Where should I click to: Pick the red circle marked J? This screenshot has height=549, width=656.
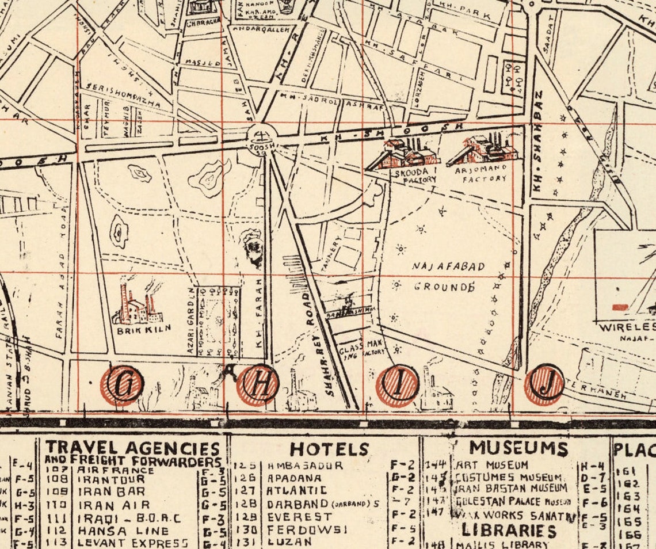(544, 384)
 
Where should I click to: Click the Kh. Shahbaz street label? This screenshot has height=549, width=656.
(538, 141)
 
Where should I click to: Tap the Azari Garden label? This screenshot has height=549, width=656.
(192, 321)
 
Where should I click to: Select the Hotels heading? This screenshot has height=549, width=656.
(329, 449)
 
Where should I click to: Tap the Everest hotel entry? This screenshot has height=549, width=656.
(299, 517)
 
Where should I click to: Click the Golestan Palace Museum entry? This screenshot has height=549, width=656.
(512, 502)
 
